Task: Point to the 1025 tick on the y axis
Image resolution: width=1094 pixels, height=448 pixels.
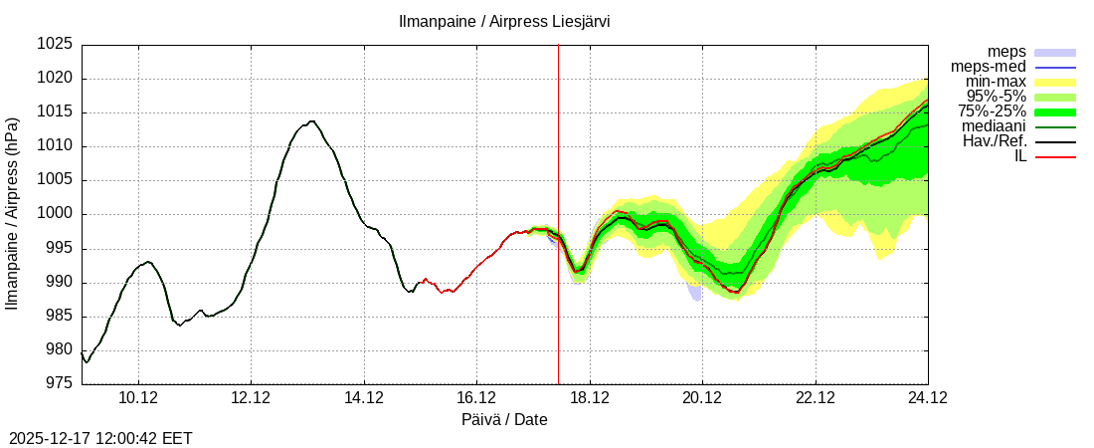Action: tap(56, 45)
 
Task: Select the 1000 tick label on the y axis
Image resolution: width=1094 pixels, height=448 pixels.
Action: tap(56, 214)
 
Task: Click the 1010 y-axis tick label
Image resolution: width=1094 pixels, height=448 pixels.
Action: tap(56, 146)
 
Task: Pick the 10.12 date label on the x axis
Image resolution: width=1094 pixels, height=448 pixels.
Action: tap(138, 398)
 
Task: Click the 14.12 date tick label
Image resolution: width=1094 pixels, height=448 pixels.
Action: tap(364, 398)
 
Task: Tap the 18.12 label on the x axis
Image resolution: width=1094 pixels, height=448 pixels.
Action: tap(590, 398)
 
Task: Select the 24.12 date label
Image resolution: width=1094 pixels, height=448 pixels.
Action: tap(928, 398)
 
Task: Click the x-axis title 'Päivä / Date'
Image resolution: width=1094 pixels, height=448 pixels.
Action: tap(504, 420)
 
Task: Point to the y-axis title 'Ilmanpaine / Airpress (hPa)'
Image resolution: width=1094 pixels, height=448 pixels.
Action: tap(13, 214)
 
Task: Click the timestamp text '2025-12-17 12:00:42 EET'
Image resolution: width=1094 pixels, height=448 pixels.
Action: tap(100, 438)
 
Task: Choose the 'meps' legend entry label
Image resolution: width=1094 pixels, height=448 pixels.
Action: tap(1006, 52)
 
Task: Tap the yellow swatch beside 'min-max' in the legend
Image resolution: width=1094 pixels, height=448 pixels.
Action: tap(1055, 82)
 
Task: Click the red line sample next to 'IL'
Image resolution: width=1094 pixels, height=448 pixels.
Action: tap(1055, 156)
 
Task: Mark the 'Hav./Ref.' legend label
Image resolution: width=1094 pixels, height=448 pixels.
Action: tap(995, 141)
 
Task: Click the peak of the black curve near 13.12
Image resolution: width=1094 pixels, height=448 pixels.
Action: tap(311, 121)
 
